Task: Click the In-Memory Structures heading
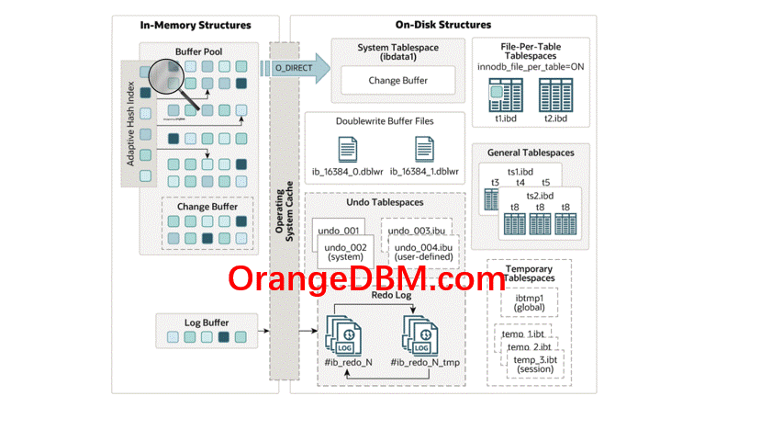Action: [195, 25]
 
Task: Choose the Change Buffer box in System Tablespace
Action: [397, 80]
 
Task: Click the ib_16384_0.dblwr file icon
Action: [348, 150]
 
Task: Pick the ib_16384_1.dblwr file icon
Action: [424, 150]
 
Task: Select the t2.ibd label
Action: [554, 119]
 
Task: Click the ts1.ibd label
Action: [520, 172]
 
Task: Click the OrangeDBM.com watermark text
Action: [366, 278]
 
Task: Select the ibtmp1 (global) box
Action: [530, 303]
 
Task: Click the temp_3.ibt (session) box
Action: [535, 365]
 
